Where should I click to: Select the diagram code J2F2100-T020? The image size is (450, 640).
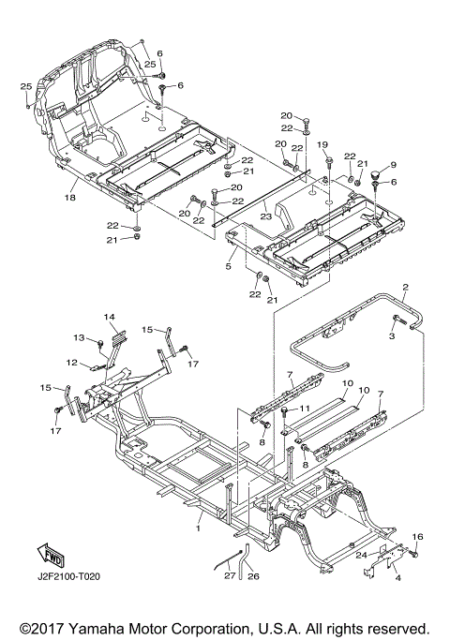pyautogui.click(x=68, y=576)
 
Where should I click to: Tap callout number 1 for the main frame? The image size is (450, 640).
pyautogui.click(x=199, y=528)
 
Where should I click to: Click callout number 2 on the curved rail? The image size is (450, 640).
pyautogui.click(x=405, y=288)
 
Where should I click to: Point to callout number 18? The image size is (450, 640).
pyautogui.click(x=70, y=198)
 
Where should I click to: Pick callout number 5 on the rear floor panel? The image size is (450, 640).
pyautogui.click(x=229, y=266)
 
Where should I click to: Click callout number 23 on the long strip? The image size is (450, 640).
pyautogui.click(x=266, y=216)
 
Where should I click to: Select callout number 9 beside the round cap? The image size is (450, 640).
pyautogui.click(x=393, y=165)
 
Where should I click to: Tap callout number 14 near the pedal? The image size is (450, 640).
pyautogui.click(x=109, y=317)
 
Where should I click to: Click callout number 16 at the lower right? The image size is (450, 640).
pyautogui.click(x=418, y=537)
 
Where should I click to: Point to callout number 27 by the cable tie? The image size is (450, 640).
pyautogui.click(x=230, y=575)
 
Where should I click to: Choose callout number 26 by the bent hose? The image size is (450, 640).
pyautogui.click(x=254, y=576)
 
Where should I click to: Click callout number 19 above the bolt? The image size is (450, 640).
pyautogui.click(x=322, y=144)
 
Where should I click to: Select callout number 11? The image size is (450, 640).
pyautogui.click(x=305, y=409)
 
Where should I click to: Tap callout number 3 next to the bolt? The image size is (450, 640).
pyautogui.click(x=392, y=336)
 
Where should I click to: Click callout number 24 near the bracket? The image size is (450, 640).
pyautogui.click(x=361, y=555)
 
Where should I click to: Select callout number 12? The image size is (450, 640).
pyautogui.click(x=72, y=362)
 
